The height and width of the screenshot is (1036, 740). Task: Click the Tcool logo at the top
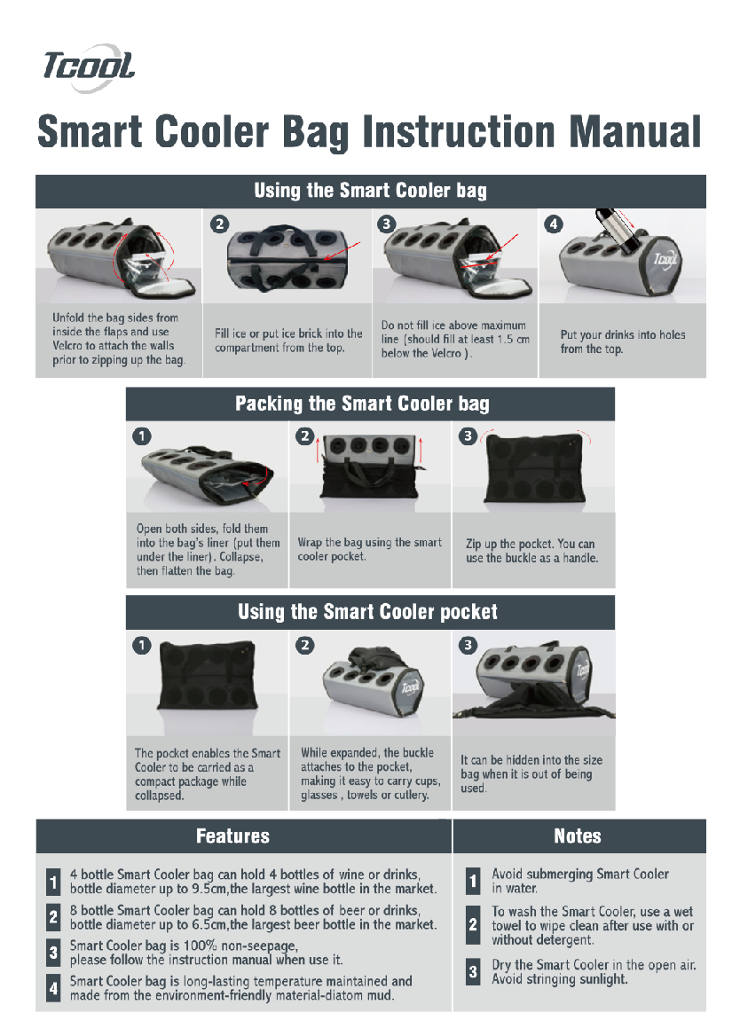(x=89, y=67)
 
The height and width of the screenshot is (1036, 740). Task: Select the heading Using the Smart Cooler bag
(x=371, y=191)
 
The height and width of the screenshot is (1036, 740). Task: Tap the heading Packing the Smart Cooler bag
(x=362, y=404)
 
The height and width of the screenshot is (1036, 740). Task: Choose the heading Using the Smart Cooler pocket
(x=367, y=612)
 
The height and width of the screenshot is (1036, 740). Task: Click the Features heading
(x=232, y=836)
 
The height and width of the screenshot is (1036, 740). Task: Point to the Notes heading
(x=578, y=836)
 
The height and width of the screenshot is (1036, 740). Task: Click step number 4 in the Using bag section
(x=553, y=224)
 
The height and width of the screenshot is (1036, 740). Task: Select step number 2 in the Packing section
(x=304, y=436)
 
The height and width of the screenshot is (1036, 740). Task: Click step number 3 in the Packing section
(x=468, y=436)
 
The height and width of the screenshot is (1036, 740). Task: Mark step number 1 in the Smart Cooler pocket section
(x=141, y=645)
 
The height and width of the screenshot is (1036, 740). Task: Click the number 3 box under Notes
(x=473, y=972)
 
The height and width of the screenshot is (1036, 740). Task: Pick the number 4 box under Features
(x=53, y=988)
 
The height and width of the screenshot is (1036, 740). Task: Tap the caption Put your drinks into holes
(x=623, y=335)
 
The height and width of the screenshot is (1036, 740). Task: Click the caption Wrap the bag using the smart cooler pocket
(x=369, y=550)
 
